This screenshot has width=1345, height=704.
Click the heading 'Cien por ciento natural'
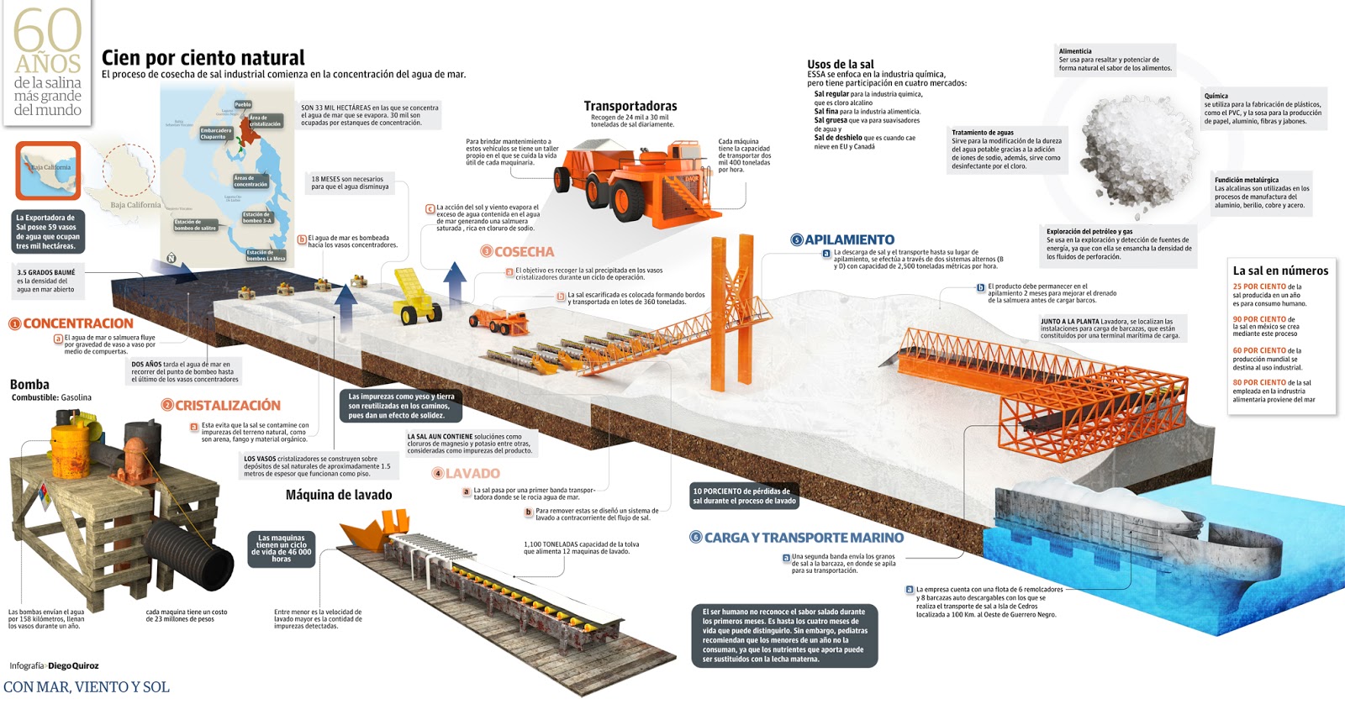coord(203,58)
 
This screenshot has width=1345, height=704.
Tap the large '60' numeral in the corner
coord(48,32)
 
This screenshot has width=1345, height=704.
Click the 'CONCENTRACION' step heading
coord(77,323)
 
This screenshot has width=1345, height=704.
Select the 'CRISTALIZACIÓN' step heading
coord(228,405)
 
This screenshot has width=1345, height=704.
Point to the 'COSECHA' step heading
coord(524,251)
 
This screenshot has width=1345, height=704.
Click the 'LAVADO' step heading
coord(472,474)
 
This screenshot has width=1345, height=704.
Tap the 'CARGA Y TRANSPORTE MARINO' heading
coord(804,538)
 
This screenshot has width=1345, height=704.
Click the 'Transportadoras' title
coord(630,106)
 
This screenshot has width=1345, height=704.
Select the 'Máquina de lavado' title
coord(339,495)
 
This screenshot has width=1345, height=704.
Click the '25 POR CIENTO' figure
coord(1259,286)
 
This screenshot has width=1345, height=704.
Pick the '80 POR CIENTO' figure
coord(1259,382)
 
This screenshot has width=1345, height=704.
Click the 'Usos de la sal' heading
coord(841,64)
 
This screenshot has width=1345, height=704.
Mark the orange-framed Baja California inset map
coord(48,171)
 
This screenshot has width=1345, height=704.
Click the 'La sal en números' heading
coord(1280,271)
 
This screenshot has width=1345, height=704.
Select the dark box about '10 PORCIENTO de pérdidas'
coord(744,496)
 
